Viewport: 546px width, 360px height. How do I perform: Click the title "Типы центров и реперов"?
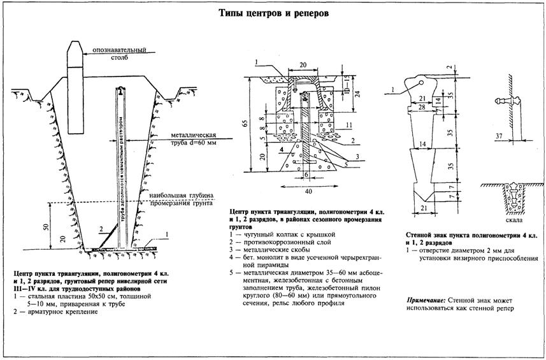(x=273, y=13)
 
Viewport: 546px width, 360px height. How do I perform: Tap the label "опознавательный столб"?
(x=119, y=54)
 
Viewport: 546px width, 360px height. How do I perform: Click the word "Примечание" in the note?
(x=425, y=299)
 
